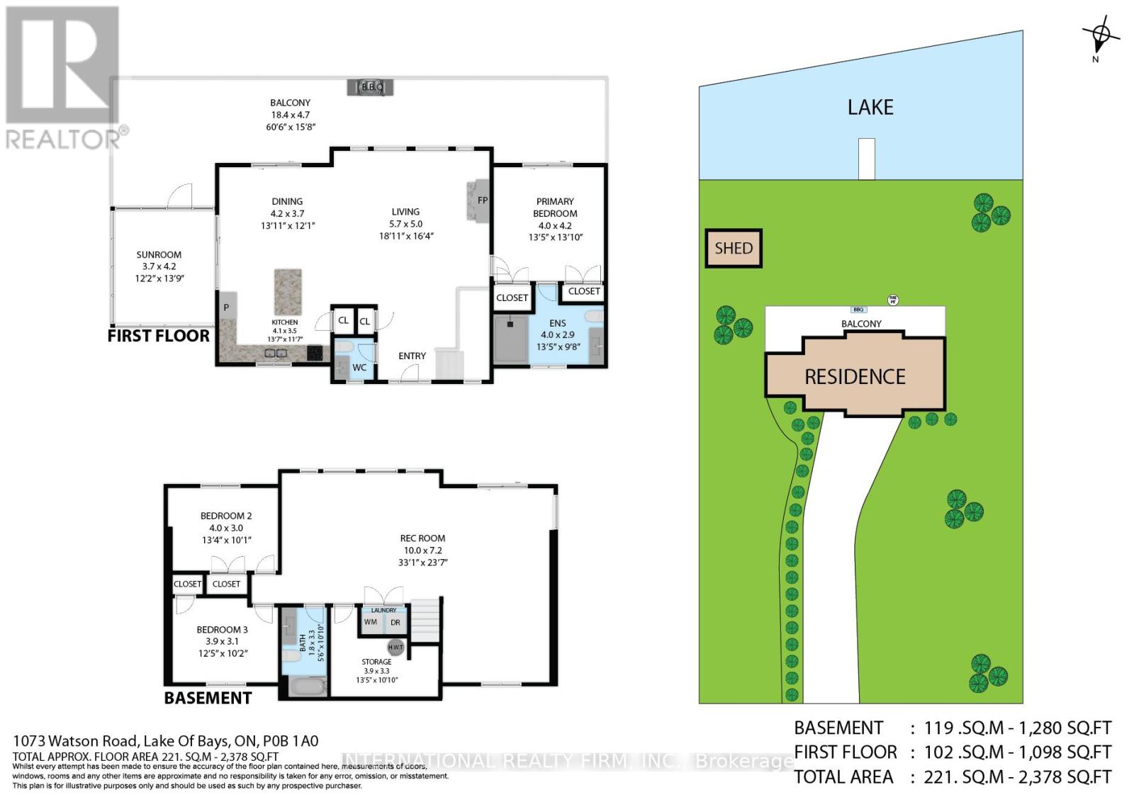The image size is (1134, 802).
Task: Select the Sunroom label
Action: tap(159, 254)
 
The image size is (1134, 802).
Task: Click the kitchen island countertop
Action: tap(287, 291)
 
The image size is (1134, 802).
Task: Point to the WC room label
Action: tap(359, 367)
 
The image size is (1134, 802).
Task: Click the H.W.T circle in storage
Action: tap(395, 647)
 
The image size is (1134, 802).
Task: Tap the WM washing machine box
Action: tap(370, 622)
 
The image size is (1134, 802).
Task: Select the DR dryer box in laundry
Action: tap(395, 622)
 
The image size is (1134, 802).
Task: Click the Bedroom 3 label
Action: tap(222, 629)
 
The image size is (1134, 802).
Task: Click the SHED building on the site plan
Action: tap(734, 248)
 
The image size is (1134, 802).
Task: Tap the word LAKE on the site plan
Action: tap(870, 108)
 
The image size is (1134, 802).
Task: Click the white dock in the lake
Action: tap(866, 159)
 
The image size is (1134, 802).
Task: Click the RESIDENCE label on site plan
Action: tap(855, 376)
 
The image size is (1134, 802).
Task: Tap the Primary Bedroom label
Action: tap(555, 207)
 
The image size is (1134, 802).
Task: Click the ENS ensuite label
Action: tap(557, 323)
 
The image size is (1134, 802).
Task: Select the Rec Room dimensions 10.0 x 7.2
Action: tap(422, 550)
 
